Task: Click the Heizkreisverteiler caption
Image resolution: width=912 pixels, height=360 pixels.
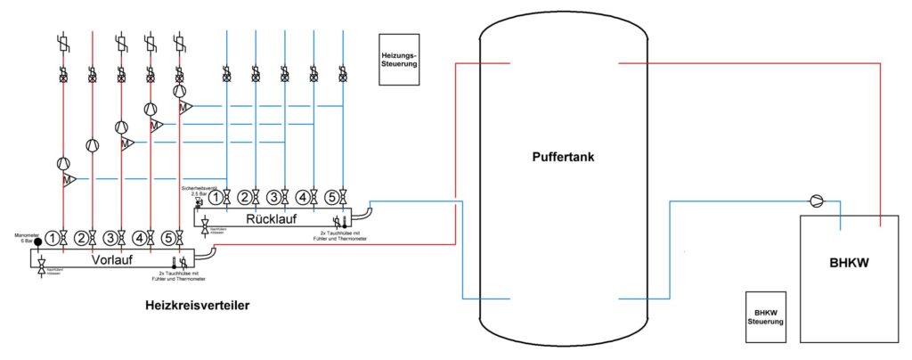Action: [x=197, y=306]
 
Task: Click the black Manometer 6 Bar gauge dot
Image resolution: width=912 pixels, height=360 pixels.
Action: [x=37, y=242]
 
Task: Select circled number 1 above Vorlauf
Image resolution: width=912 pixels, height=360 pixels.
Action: [x=54, y=238]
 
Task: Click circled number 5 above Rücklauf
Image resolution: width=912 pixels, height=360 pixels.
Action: [x=331, y=197]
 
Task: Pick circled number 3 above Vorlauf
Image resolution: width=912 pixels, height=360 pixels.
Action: [x=110, y=238]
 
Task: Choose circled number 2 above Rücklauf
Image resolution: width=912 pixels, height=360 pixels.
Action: [x=245, y=197]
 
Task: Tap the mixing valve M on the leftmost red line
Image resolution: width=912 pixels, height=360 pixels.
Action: [x=68, y=180]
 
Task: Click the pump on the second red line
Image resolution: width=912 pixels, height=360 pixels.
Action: [x=92, y=145]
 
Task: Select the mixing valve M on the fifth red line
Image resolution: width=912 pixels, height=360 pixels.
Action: [x=184, y=107]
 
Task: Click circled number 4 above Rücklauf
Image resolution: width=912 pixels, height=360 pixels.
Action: [x=303, y=197]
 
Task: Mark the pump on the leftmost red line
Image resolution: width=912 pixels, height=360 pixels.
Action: [x=63, y=163]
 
